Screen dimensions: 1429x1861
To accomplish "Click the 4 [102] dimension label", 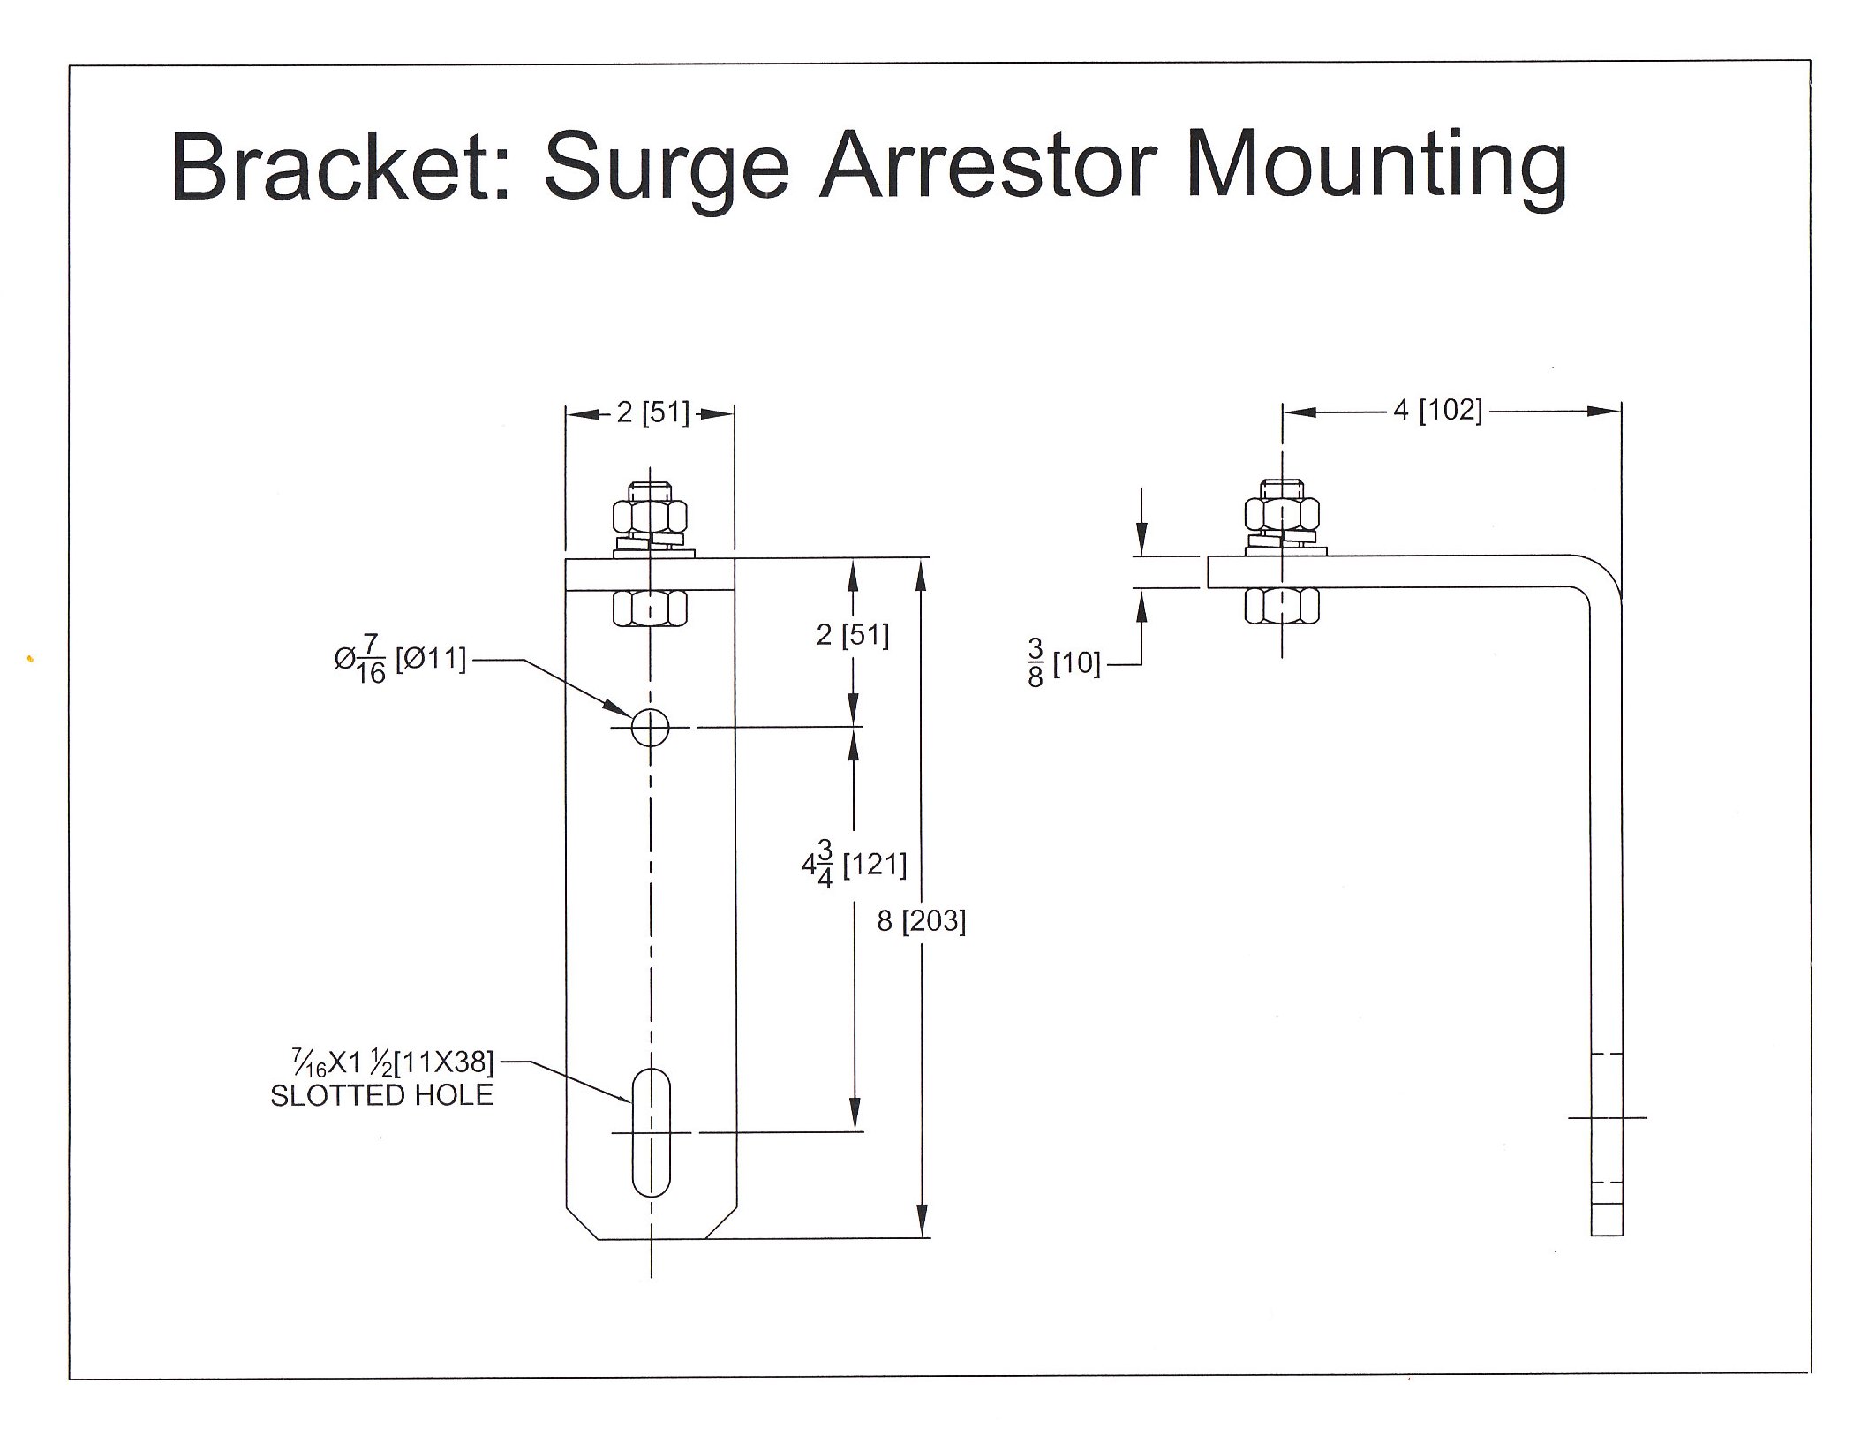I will pyautogui.click(x=1437, y=411).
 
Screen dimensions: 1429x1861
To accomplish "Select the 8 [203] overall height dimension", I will pyautogui.click(x=921, y=922).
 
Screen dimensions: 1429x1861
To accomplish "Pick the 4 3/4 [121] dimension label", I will pyautogui.click(x=854, y=865).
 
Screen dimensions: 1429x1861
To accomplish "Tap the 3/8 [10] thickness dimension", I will pyautogui.click(x=1064, y=663).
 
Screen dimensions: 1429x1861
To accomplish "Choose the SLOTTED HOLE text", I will pyautogui.click(x=381, y=1096).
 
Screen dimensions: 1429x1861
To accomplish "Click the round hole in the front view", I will pyautogui.click(x=650, y=728).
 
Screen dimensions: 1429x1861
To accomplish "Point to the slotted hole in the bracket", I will pyautogui.click(x=652, y=1131).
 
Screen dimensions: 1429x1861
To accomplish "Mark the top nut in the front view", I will pyautogui.click(x=650, y=515).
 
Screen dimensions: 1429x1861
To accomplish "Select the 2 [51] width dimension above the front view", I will pyautogui.click(x=652, y=412).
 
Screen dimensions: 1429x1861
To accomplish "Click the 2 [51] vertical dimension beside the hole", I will pyautogui.click(x=852, y=635).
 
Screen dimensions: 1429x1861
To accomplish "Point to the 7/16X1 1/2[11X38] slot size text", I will pyautogui.click(x=393, y=1061).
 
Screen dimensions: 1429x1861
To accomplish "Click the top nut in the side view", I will pyautogui.click(x=1282, y=513).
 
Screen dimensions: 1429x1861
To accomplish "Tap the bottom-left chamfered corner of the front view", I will pyautogui.click(x=581, y=1223).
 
